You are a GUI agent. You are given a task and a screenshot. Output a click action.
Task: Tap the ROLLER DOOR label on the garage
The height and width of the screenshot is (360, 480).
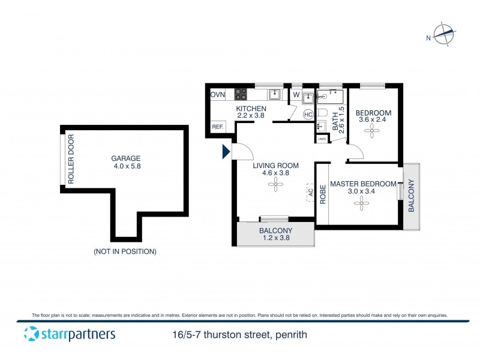(70, 158)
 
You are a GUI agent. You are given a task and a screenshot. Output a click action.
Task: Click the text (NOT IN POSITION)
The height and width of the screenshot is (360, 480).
(125, 251)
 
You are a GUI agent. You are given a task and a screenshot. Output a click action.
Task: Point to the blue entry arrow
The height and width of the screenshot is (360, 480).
(226, 152)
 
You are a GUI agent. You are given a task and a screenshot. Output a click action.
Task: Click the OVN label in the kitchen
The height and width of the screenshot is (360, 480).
(217, 95)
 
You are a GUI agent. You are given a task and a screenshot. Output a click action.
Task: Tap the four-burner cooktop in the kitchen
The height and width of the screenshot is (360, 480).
(241, 94)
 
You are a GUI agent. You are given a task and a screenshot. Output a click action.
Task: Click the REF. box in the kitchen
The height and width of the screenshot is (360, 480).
(217, 127)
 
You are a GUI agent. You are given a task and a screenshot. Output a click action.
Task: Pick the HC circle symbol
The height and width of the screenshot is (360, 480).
(308, 115)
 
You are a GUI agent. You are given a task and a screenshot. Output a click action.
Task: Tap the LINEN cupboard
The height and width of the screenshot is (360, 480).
(322, 139)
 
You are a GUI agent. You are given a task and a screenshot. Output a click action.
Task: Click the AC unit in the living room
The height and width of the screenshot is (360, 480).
(310, 193)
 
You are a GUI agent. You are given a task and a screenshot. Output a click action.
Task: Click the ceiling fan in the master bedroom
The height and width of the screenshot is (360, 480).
(362, 205)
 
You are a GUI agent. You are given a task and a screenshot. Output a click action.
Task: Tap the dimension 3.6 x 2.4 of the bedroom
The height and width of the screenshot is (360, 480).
(373, 120)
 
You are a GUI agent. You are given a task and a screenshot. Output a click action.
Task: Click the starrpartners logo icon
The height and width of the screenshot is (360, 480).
(31, 335)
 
